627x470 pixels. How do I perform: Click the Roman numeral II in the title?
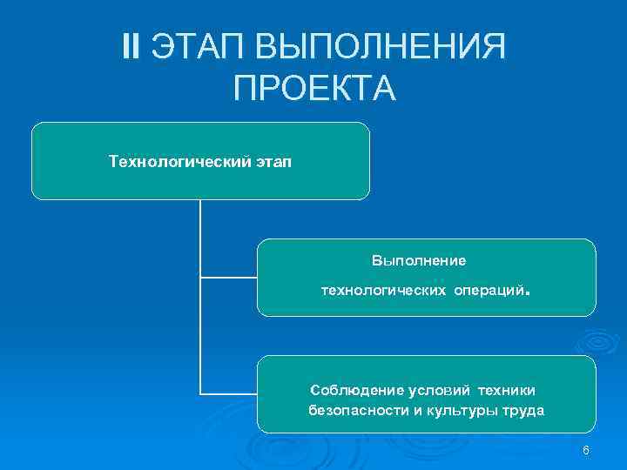click(132, 46)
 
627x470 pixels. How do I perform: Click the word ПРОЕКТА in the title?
click(314, 88)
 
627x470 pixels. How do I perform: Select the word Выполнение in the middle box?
click(419, 260)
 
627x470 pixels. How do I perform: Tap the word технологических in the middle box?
click(383, 288)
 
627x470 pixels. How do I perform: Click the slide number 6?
click(586, 450)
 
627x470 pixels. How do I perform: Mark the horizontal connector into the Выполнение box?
click(228, 278)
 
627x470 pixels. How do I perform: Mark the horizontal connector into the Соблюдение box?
click(228, 394)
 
